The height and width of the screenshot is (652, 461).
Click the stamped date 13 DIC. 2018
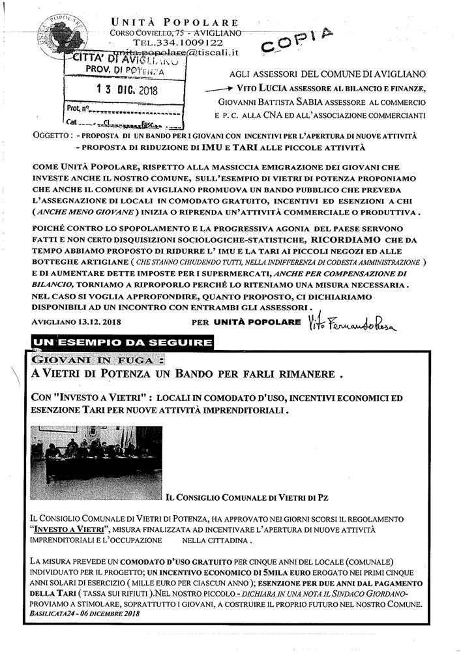point(123,90)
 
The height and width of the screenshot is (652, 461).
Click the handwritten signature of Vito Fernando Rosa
point(344,323)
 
